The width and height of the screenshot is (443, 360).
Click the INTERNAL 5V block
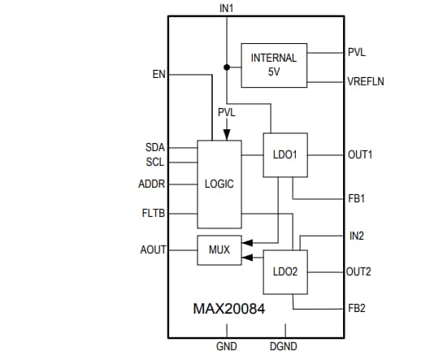[274, 64]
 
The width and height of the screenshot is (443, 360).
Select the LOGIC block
[219, 184]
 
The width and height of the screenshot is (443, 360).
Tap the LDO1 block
[284, 154]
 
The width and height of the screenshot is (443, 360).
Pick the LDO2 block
[284, 271]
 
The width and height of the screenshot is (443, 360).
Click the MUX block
[219, 250]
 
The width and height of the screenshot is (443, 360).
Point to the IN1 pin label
[226, 8]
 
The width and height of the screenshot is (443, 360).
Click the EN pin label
[159, 75]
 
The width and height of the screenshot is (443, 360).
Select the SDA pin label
[154, 147]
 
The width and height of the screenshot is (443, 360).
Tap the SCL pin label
[154, 161]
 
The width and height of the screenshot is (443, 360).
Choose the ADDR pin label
[152, 184]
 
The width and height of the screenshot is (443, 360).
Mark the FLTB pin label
[154, 214]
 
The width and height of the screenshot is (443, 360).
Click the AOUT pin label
[154, 250]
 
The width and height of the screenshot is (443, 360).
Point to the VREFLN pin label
[367, 81]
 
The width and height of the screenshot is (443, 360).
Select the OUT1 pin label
[359, 154]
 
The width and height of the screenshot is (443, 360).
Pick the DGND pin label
[284, 347]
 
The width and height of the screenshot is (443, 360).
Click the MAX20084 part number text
[228, 309]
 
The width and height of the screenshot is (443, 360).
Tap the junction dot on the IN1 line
[226, 65]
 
